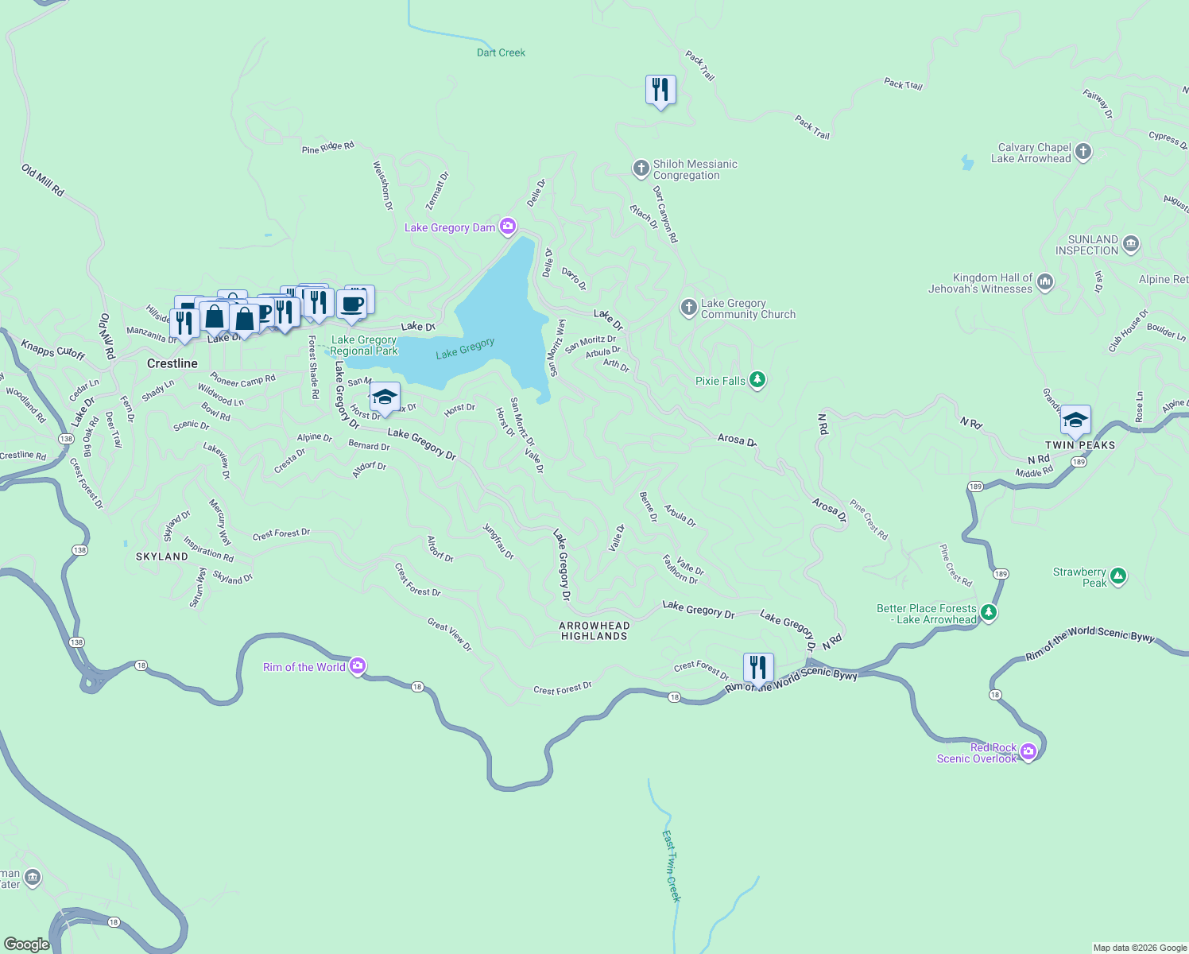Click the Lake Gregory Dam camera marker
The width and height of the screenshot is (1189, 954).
coord(508,227)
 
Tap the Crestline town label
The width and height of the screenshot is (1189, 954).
coord(172,363)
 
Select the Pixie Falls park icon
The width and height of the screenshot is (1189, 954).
coord(757,380)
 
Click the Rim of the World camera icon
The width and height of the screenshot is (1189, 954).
coord(358,666)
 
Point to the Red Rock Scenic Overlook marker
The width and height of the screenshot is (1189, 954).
coord(1028,751)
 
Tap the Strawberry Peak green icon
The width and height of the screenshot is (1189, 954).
coord(1118,576)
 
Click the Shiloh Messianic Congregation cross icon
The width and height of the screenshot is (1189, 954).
coord(641,169)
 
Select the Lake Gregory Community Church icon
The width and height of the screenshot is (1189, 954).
coord(689,308)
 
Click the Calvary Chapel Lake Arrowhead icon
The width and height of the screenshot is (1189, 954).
coord(1082,152)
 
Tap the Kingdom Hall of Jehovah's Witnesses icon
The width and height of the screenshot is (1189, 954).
coord(1045,282)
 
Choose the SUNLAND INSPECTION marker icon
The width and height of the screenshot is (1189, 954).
coord(1131,244)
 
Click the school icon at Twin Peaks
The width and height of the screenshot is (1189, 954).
coord(1075,421)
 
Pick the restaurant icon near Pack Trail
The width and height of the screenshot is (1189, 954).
coord(660,90)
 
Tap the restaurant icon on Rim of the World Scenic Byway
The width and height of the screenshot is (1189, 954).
coord(758,668)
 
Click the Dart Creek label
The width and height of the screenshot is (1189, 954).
coord(501,52)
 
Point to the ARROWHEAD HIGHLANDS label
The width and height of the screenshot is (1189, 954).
coord(594,630)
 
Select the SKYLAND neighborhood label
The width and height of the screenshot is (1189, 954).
coord(162,556)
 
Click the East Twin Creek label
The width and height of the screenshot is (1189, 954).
coord(672,866)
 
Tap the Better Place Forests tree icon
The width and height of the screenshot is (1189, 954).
coord(988,612)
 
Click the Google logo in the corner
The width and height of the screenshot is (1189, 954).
coord(27,944)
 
